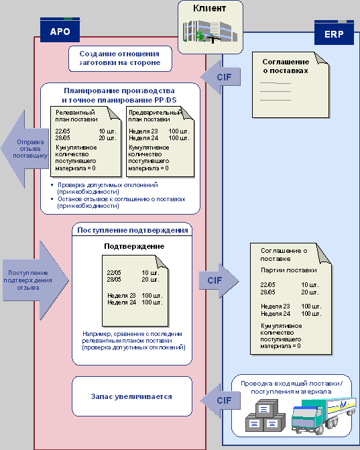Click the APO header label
click(60, 32)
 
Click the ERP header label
click(334, 34)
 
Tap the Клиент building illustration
click(211, 31)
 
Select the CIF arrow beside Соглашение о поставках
click(221, 77)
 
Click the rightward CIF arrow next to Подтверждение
click(219, 280)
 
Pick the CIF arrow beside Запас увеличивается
click(221, 400)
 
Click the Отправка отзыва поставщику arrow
click(25, 149)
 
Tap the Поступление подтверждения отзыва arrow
click(36, 280)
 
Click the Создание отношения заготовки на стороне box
click(120, 58)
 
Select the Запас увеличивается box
click(131, 396)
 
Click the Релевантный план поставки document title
click(76, 116)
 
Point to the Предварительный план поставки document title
click(155, 116)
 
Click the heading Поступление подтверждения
click(133, 230)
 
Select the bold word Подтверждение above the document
click(134, 246)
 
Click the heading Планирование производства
click(119, 91)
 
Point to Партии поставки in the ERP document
click(288, 270)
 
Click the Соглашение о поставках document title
click(286, 66)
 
